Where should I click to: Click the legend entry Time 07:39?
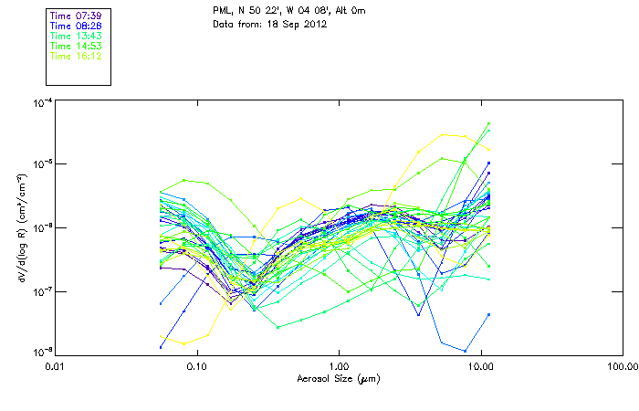click(75, 16)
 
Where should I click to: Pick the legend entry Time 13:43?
click(75, 37)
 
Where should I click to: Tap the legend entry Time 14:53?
click(75, 46)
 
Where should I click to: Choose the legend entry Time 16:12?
click(75, 56)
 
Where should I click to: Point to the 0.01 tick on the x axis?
click(56, 366)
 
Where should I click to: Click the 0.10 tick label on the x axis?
click(197, 366)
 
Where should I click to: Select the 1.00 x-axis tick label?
click(339, 366)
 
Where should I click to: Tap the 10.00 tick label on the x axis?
click(481, 366)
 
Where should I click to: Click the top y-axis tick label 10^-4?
click(41, 103)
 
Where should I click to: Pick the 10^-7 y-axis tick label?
click(41, 291)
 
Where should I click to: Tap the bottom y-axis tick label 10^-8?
click(41, 352)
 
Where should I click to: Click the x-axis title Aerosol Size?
click(339, 378)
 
